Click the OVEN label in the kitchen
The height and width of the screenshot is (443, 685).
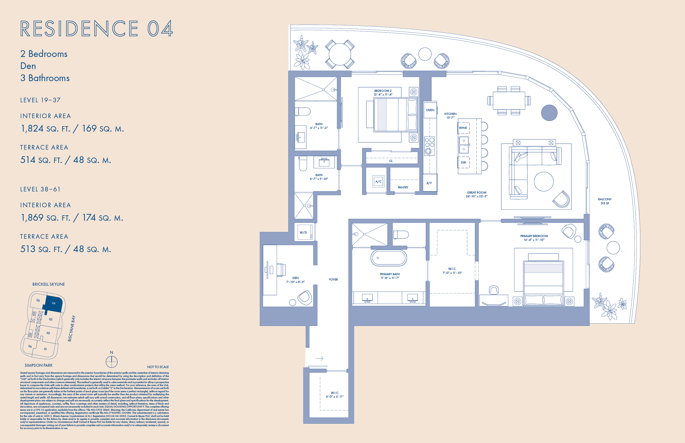[x=430, y=110]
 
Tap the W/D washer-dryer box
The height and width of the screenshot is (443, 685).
[x=303, y=233]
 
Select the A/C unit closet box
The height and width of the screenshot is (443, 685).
[x=378, y=181]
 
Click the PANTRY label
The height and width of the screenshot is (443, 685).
[x=403, y=187]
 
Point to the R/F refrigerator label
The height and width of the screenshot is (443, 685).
[x=429, y=183]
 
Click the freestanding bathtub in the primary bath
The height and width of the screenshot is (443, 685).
[x=388, y=258]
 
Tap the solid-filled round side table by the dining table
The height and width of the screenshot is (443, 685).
[x=549, y=113]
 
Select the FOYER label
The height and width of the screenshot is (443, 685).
[x=333, y=279]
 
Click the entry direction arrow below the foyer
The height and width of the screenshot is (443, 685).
[x=319, y=358]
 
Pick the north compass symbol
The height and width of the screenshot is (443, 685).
[x=112, y=362]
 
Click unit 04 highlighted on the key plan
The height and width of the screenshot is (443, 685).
[x=54, y=303]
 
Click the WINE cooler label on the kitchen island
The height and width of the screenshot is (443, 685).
[x=463, y=128]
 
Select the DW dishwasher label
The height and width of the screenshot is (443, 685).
[x=463, y=162]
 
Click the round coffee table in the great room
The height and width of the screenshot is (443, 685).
[x=543, y=181]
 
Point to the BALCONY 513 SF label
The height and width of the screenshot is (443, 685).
[x=604, y=201]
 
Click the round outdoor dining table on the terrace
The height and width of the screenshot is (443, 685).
[x=340, y=54]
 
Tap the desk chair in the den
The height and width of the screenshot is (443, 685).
[x=281, y=270]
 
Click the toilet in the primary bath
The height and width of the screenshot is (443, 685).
[x=401, y=235]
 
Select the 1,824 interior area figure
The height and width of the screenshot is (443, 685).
[x=32, y=128]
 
